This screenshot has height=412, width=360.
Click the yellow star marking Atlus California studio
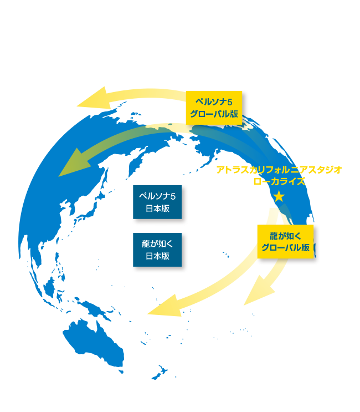(279, 196)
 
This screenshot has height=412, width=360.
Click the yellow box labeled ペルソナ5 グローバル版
(217, 108)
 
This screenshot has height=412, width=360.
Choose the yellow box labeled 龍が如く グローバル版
(285, 242)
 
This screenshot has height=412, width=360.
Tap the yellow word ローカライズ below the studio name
(279, 181)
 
